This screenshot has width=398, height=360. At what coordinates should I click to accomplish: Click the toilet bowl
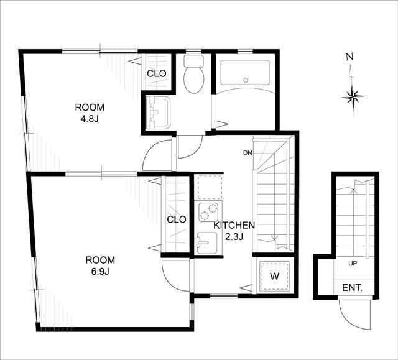coord(193,80)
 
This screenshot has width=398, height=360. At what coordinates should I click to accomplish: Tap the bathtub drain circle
coord(245,80)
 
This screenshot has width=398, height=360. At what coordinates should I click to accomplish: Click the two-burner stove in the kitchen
coord(208,212)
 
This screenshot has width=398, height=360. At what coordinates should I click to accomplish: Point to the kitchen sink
coord(207,242)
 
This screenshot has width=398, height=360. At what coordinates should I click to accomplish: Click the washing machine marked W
coord(274,277)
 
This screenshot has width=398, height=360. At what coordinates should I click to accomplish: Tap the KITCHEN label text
coord(234,225)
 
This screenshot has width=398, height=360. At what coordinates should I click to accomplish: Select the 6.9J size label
coord(100,272)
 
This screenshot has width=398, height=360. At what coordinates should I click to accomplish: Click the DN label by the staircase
coord(247,153)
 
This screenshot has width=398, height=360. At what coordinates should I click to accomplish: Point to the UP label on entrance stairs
coord(353,264)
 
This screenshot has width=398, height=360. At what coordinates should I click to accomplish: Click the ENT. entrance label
coord(352,288)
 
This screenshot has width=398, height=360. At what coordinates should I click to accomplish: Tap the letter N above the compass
coord(350,57)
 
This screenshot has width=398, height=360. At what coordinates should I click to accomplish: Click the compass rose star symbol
coord(353,96)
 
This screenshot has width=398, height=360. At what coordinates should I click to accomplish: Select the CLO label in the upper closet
coord(157,73)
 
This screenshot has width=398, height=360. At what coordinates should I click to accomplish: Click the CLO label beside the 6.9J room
coord(177,219)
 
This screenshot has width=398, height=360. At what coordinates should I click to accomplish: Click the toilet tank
coord(193,61)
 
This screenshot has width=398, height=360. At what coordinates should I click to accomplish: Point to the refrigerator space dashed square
coord(210,187)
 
